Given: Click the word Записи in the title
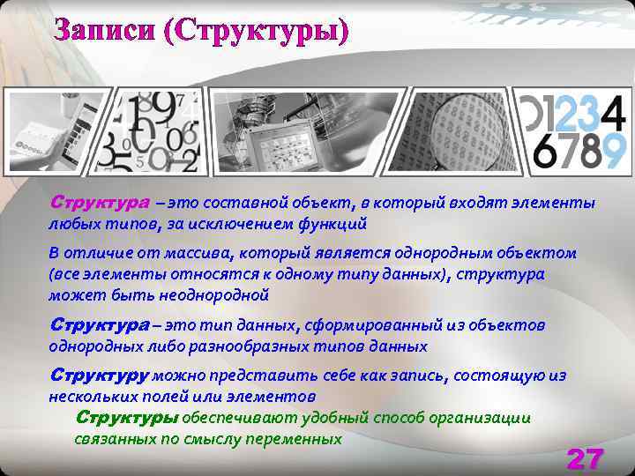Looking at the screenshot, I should [x=103, y=31].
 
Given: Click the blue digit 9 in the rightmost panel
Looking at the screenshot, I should [x=615, y=151].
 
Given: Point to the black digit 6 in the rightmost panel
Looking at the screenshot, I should [x=547, y=151].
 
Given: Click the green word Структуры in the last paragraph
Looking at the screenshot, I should [x=127, y=418].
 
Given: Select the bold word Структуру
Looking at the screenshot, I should [x=99, y=376].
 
